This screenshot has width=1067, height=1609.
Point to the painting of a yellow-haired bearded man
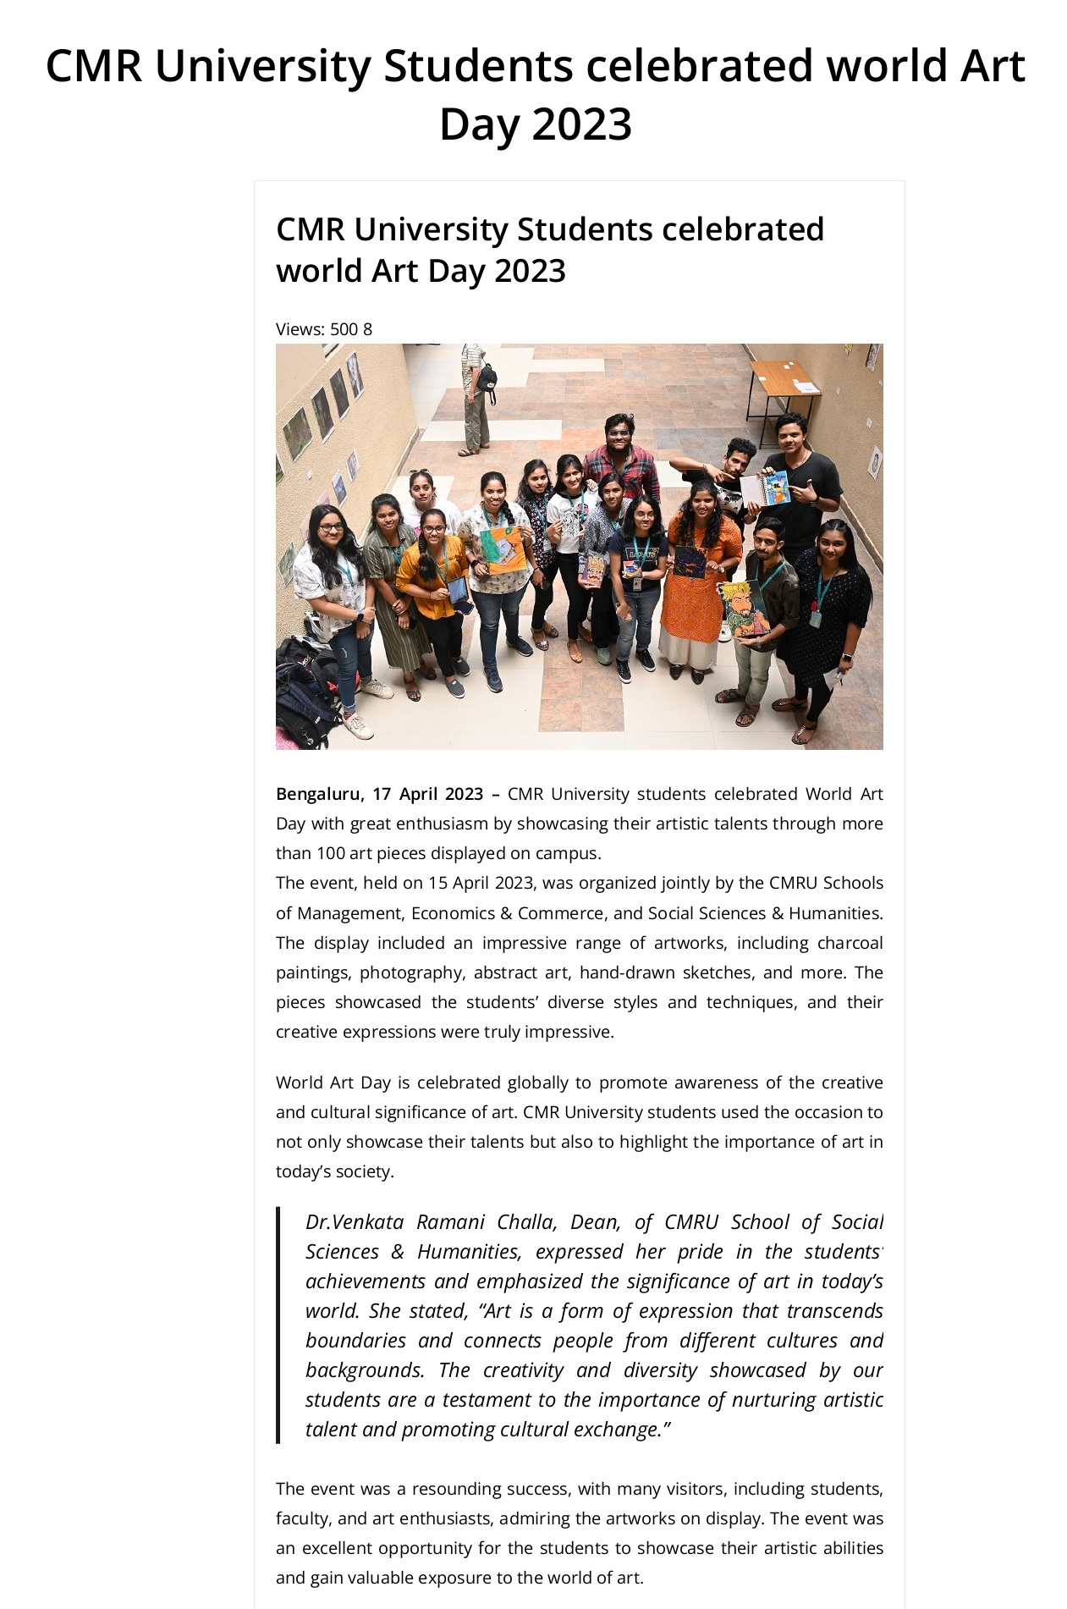tap(744, 608)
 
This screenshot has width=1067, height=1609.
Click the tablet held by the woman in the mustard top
tap(458, 593)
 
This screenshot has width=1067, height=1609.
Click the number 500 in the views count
tap(344, 329)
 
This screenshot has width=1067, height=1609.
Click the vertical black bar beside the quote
tap(278, 1325)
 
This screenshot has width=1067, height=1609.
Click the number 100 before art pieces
tap(331, 853)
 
